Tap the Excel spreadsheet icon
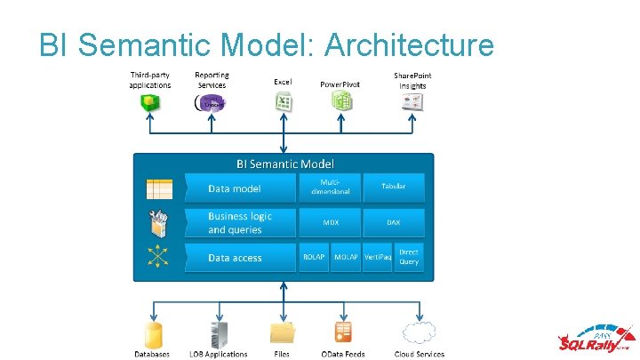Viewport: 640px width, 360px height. tap(284, 101)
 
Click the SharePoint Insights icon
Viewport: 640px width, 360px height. tap(412, 102)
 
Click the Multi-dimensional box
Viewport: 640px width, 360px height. tap(330, 188)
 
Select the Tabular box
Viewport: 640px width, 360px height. tap(393, 188)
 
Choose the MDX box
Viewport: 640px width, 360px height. tap(330, 222)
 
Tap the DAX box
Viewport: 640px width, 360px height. tap(393, 222)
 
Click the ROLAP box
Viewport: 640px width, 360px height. tap(314, 257)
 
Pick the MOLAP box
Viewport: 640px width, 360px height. tap(346, 257)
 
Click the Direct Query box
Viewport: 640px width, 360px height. tap(409, 257)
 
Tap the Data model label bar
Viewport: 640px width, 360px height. tap(239, 188)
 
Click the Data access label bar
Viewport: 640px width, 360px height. tap(239, 258)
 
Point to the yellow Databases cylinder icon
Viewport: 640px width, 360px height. tap(153, 334)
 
